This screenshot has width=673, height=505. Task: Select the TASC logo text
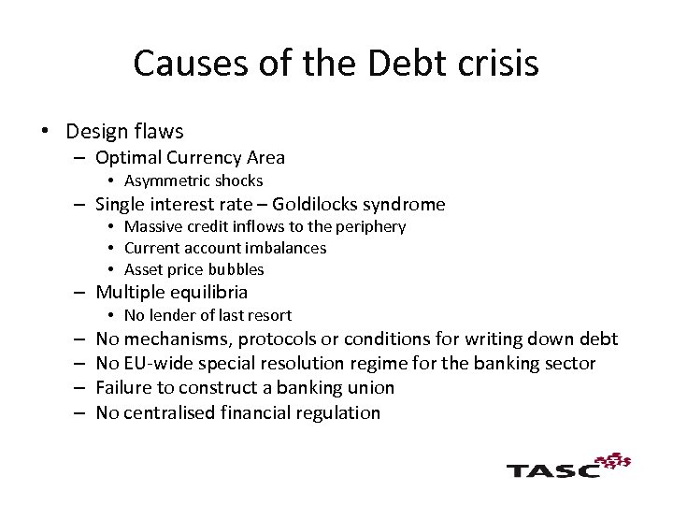(553, 469)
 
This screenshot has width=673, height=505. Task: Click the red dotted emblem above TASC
(613, 460)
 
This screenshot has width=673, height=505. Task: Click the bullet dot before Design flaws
(45, 132)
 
